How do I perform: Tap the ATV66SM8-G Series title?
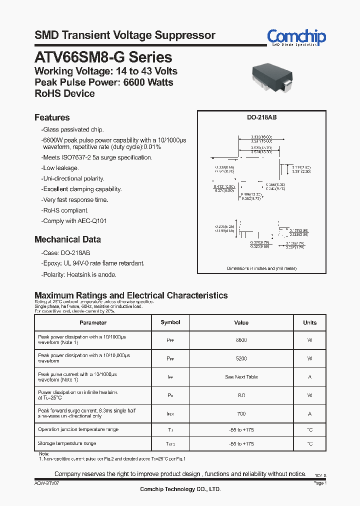click(103, 57)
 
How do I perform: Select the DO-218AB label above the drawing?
click(261, 117)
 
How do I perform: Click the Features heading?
click(52, 117)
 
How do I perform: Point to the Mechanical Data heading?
click(67, 239)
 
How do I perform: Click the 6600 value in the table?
click(241, 340)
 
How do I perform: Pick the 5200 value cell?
click(241, 358)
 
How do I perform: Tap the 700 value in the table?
click(241, 413)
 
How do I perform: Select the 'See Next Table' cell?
click(241, 377)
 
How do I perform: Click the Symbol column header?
click(170, 322)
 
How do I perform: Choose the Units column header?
click(309, 322)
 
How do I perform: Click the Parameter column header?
click(93, 322)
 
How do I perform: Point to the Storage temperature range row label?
click(67, 443)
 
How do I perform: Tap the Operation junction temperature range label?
click(77, 429)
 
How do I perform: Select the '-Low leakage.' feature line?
click(60, 168)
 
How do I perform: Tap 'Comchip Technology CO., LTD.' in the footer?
click(180, 489)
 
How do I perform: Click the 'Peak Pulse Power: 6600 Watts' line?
click(103, 82)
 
